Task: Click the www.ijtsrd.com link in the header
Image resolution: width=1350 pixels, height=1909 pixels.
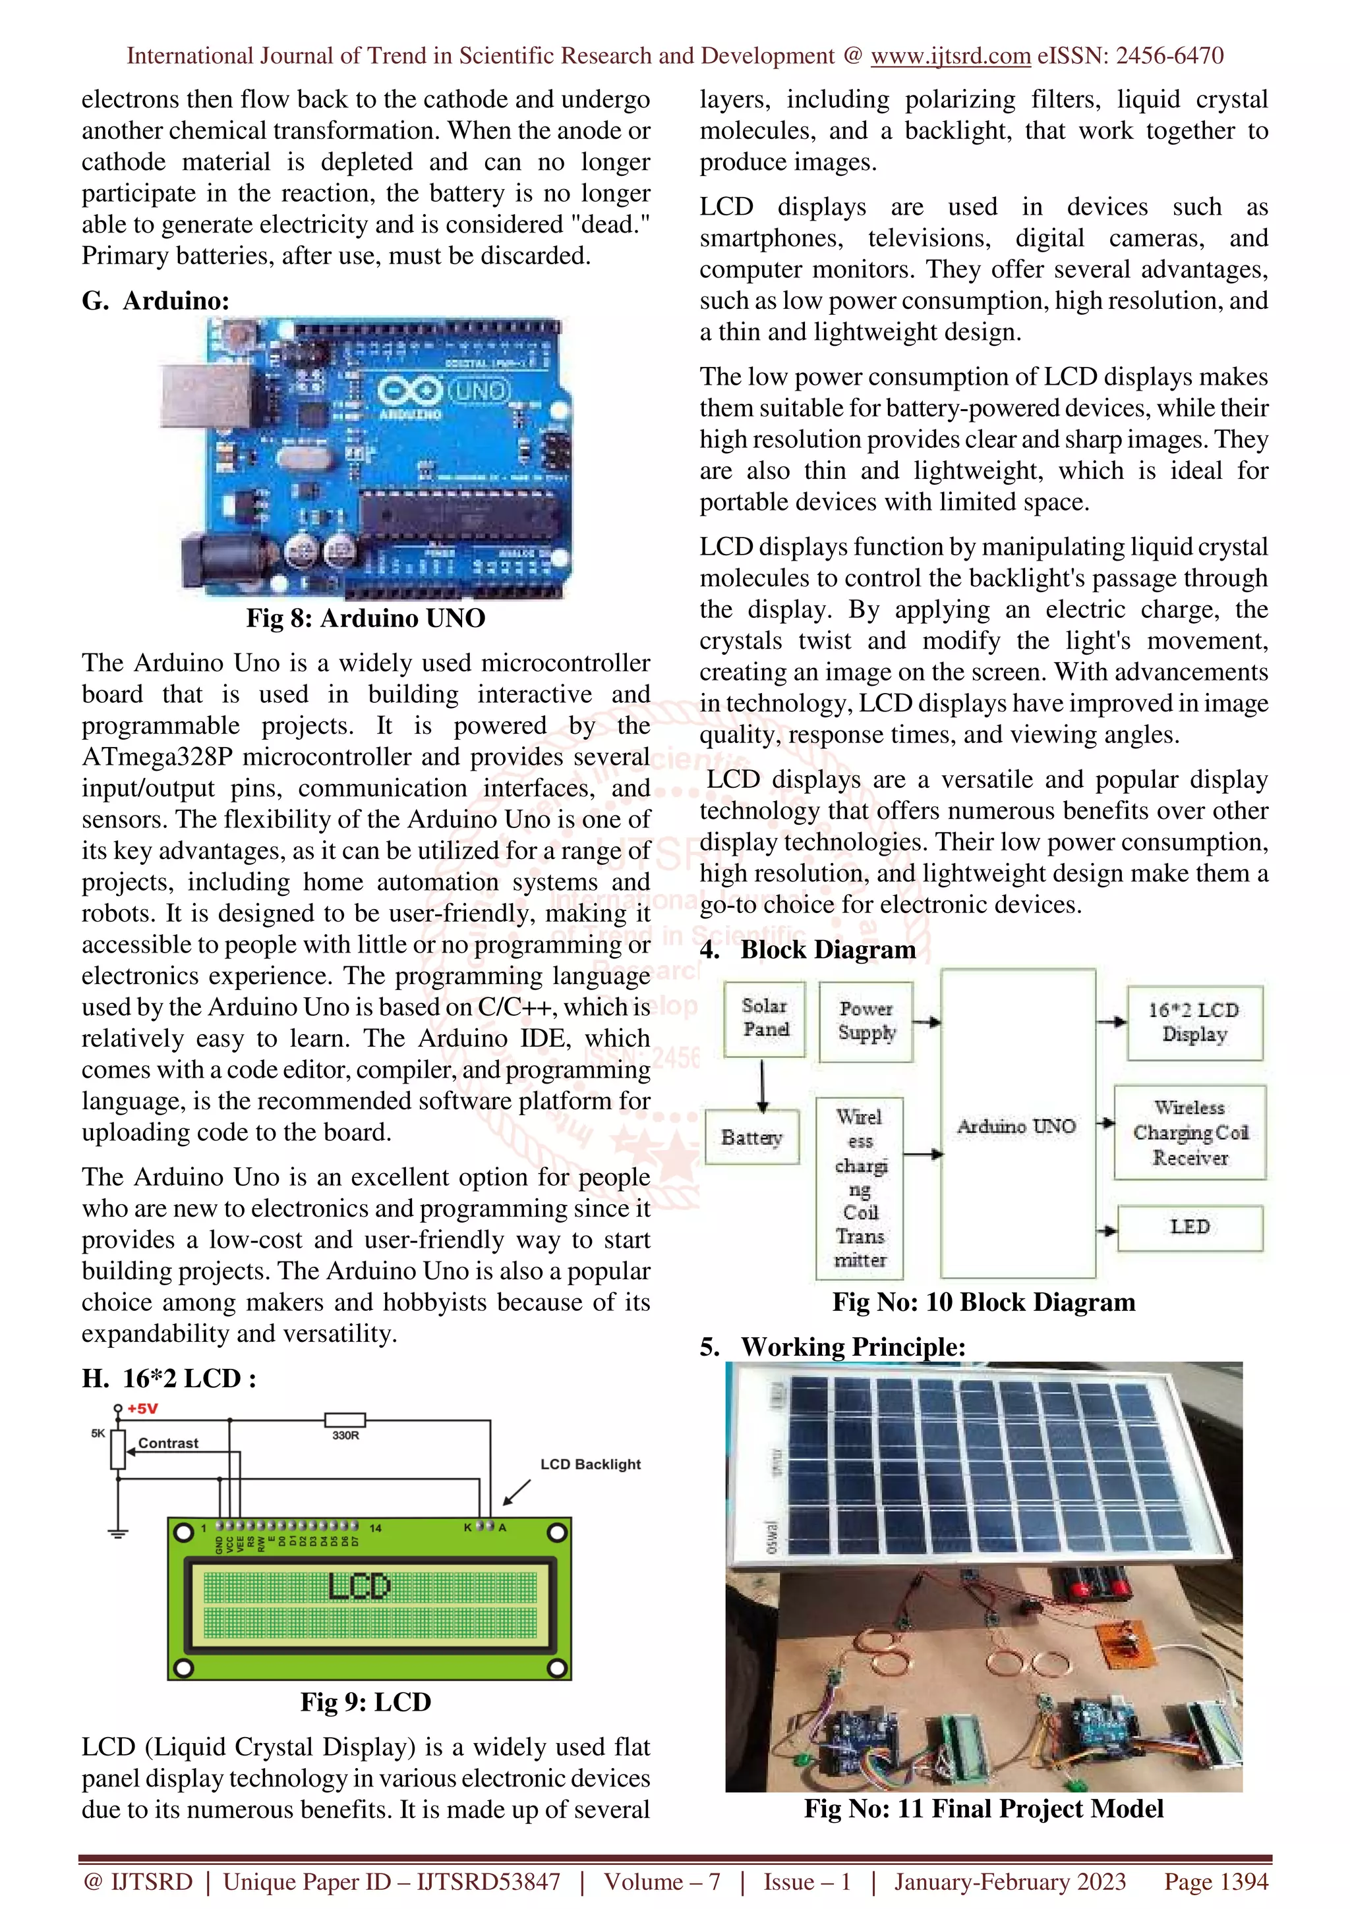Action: pyautogui.click(x=950, y=56)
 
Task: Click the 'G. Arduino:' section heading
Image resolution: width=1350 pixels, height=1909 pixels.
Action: pyautogui.click(x=156, y=300)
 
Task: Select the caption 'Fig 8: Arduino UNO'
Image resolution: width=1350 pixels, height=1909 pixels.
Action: pyautogui.click(x=365, y=618)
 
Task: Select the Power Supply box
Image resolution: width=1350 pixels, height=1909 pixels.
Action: pyautogui.click(x=866, y=1022)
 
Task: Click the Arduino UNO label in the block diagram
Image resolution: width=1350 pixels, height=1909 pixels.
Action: pyautogui.click(x=1016, y=1126)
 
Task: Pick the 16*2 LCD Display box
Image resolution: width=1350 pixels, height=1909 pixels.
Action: pyautogui.click(x=1194, y=1022)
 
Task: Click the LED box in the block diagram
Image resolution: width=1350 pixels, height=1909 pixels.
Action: pyautogui.click(x=1189, y=1227)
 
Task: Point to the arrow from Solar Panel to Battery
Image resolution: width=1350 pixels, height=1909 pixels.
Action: pyautogui.click(x=763, y=1086)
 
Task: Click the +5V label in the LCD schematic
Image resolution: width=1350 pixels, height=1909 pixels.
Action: pyautogui.click(x=142, y=1408)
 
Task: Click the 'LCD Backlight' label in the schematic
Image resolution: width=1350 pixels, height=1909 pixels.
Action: pyautogui.click(x=590, y=1464)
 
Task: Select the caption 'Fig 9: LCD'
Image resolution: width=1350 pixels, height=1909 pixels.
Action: pyautogui.click(x=365, y=1702)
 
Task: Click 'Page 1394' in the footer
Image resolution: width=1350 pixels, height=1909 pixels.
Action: pyautogui.click(x=1216, y=1881)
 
